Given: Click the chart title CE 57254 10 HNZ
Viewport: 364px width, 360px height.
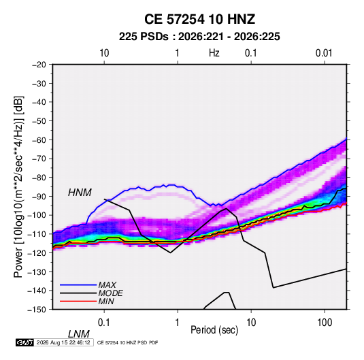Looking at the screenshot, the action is point(199,19).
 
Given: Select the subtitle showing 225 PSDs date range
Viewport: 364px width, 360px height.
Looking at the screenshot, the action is point(199,37).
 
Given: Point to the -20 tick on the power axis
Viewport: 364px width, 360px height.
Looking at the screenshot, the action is point(39,65).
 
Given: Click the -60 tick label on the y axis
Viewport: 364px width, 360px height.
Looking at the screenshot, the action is point(39,140).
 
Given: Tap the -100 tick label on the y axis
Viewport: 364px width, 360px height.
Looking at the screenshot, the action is point(37,215).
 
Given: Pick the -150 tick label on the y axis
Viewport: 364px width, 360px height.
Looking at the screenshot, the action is point(37,310).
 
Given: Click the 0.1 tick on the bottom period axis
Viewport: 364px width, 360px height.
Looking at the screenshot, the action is point(104,323).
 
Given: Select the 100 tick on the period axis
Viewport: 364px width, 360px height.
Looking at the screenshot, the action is point(325,323).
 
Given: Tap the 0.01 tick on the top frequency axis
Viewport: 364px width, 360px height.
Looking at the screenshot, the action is point(324,53).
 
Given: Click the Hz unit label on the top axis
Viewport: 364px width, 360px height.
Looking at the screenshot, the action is point(214,53).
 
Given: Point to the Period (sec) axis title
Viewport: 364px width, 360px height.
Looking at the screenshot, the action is point(214,330).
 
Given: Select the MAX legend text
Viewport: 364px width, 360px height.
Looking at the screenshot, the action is point(107,285).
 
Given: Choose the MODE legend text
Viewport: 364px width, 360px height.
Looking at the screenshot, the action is point(110,293).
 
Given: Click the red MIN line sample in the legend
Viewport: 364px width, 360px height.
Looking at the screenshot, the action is point(78,301).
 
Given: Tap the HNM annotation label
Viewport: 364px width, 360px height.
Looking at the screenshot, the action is point(80,193).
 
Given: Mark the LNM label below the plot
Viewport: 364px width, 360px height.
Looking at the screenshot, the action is point(78,334).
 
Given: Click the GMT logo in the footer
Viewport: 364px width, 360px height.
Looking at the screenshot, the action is point(25,342).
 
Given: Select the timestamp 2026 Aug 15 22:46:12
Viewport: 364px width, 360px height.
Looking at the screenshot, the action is point(63,342).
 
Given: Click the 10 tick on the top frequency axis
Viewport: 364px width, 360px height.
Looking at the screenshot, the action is point(104,53).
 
